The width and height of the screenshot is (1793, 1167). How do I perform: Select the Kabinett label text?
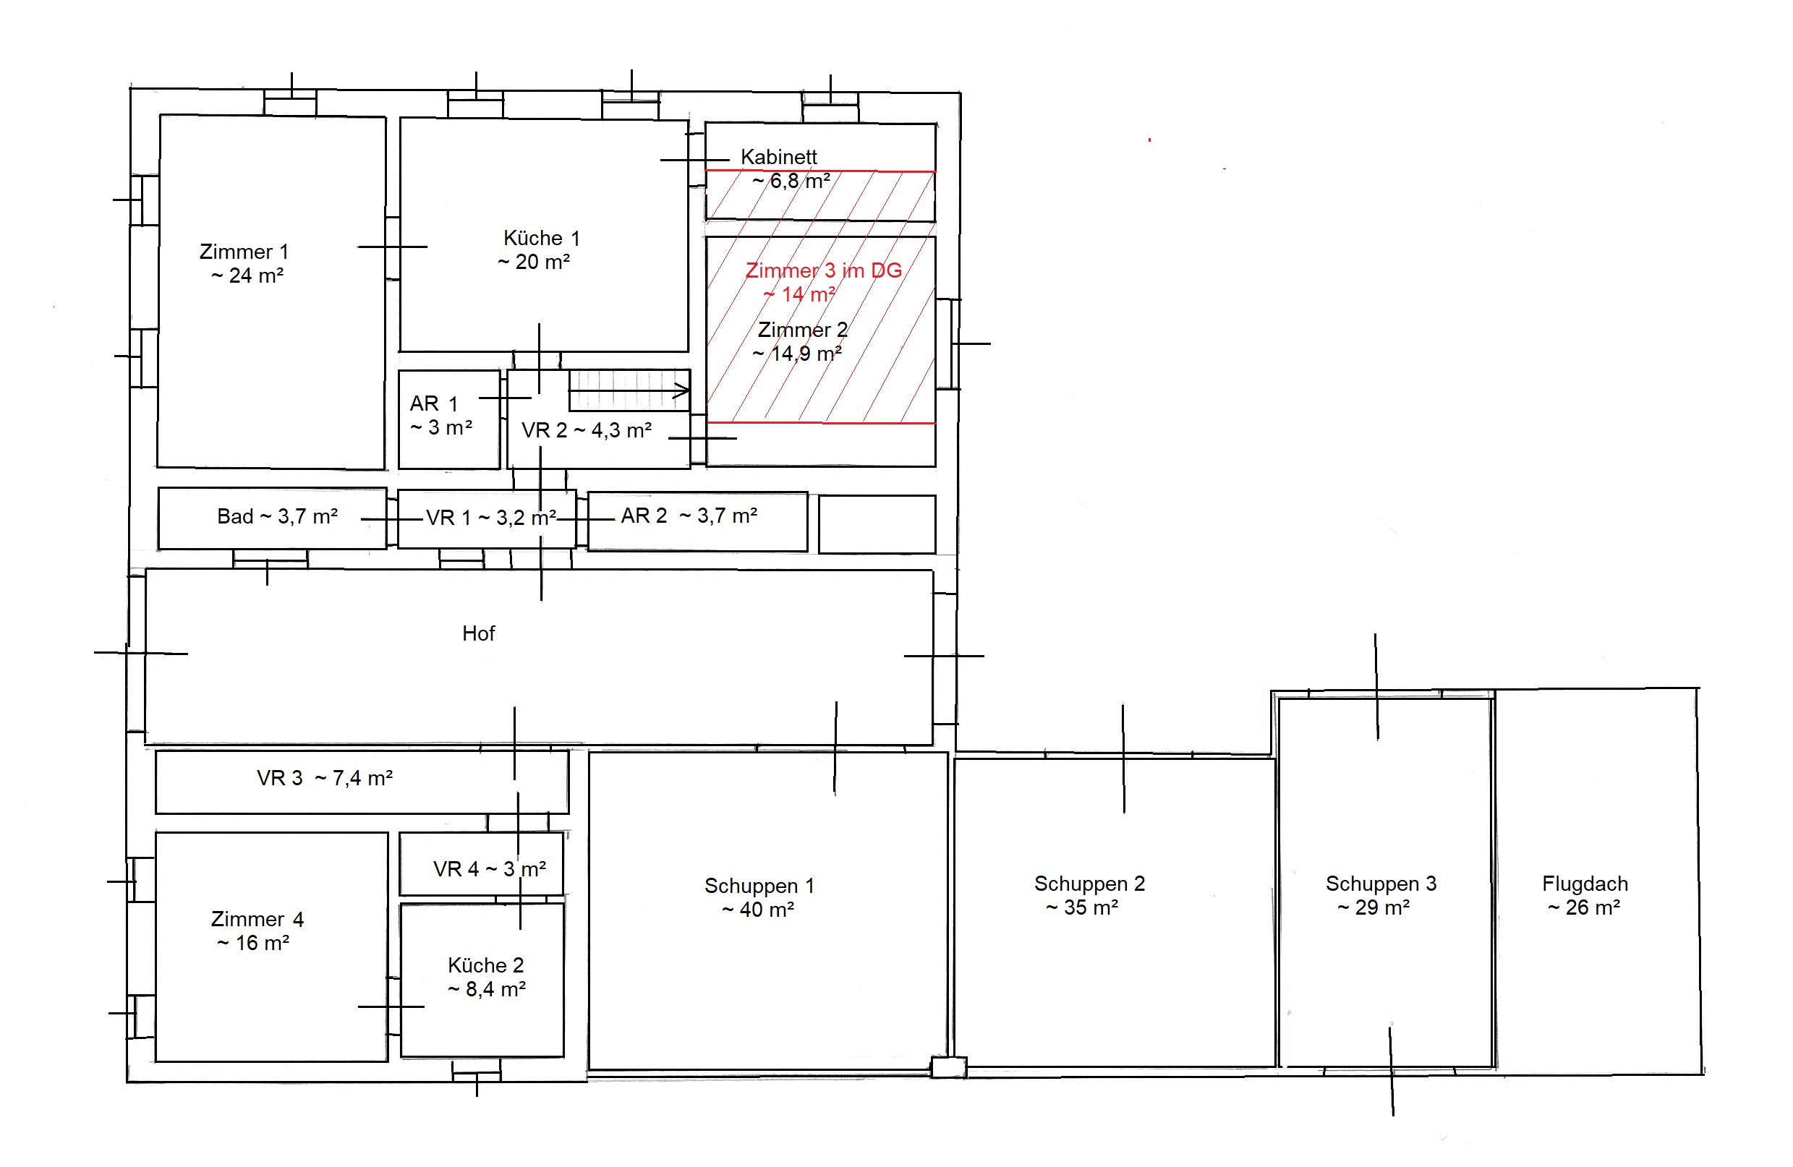pos(779,157)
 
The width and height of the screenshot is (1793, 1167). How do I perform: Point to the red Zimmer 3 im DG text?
pos(823,270)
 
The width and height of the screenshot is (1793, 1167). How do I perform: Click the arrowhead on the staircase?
pos(681,390)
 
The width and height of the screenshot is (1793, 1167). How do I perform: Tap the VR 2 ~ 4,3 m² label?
pos(586,430)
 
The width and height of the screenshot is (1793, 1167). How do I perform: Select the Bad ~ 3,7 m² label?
pos(277,516)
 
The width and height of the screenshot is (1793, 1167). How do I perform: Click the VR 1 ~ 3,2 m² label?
pos(491,518)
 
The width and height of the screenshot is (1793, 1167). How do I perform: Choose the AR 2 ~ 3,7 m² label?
pos(689,516)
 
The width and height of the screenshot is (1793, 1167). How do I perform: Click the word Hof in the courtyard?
pos(478,633)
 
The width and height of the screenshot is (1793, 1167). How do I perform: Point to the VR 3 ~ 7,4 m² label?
pos(325,778)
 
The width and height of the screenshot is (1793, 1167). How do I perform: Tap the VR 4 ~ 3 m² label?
pos(490,869)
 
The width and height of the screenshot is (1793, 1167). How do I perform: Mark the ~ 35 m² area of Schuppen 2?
pos(1082,907)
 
